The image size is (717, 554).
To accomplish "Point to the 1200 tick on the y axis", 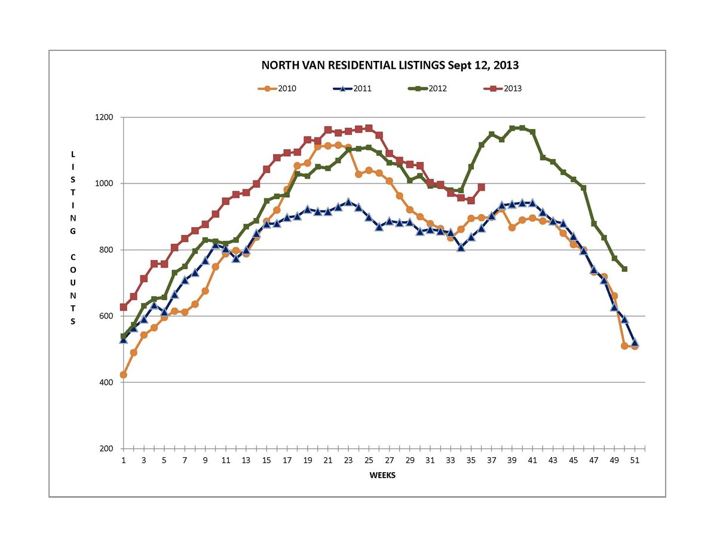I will click(x=105, y=117).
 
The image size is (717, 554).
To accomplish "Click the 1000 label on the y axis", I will click(x=105, y=183).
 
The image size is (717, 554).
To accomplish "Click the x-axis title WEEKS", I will click(x=382, y=476).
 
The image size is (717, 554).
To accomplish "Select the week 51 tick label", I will click(x=635, y=460).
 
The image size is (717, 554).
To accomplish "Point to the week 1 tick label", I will click(x=124, y=460).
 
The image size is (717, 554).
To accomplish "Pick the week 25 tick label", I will click(x=369, y=460).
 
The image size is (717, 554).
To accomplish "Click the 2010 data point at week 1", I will click(x=124, y=375).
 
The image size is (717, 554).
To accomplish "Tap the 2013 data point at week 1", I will click(x=124, y=307).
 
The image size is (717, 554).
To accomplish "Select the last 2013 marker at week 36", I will click(x=481, y=187).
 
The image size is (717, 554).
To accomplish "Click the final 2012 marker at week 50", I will click(x=624, y=269).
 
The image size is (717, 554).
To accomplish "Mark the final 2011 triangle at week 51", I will click(x=635, y=343).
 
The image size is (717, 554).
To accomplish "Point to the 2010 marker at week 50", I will click(x=624, y=346).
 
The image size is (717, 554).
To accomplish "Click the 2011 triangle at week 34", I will click(x=461, y=247).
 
